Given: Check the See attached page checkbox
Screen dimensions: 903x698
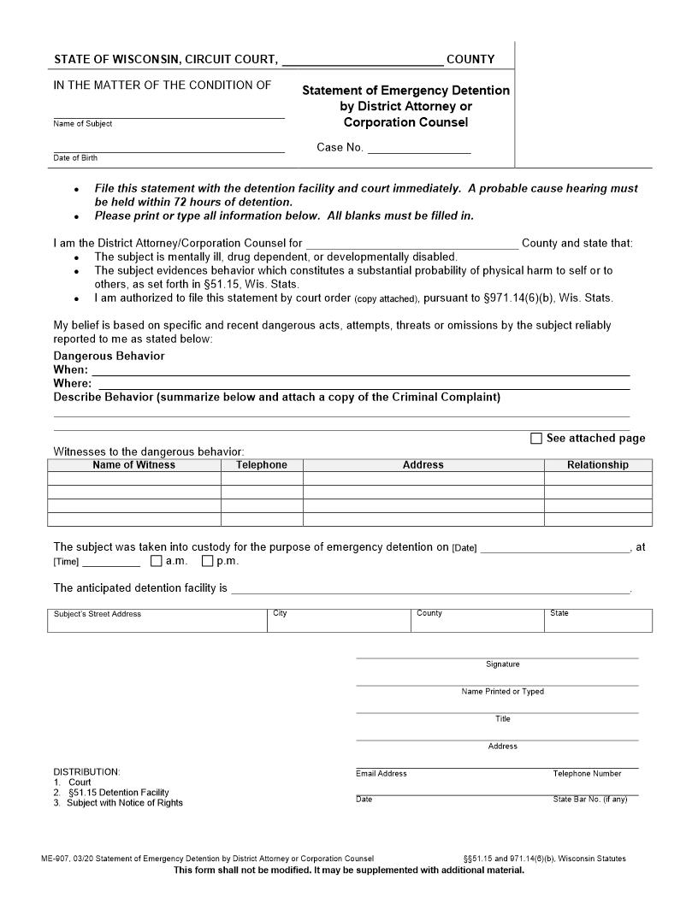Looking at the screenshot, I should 536,439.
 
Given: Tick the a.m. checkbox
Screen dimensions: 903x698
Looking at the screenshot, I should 156,562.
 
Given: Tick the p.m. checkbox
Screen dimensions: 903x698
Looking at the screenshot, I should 207,562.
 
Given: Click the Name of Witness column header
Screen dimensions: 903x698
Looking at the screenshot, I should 133,465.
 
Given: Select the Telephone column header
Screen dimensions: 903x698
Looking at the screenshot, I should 262,465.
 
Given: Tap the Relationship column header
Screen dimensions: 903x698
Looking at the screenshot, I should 597,465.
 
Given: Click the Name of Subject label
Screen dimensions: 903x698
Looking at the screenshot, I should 82,124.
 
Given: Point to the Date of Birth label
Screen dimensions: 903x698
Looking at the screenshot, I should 75,158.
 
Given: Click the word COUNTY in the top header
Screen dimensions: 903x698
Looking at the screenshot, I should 470,60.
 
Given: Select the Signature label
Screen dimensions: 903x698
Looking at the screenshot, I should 502,664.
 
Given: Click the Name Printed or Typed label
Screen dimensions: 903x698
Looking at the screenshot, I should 502,692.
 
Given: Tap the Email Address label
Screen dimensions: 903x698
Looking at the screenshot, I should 382,774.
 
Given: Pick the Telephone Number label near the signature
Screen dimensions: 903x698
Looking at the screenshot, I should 587,774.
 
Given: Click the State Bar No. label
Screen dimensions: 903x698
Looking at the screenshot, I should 589,800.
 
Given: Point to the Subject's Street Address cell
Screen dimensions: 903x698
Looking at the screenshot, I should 97,614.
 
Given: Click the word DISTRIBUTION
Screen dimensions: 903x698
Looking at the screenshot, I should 86,772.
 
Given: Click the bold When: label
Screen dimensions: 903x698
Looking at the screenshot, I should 70,370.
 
